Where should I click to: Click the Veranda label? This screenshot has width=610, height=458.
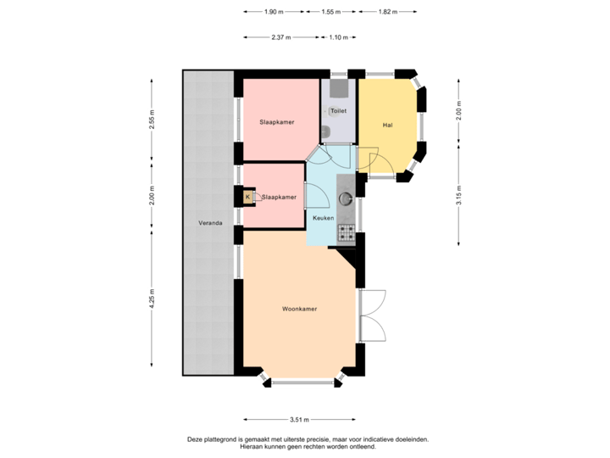211,223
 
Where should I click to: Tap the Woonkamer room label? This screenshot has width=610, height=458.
300,310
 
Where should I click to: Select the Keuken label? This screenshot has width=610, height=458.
323,218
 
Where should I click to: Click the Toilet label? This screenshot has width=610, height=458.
338,111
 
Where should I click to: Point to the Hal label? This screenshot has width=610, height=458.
387,125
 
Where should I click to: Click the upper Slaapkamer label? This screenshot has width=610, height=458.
277,123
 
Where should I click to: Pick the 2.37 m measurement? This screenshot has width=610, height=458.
280,38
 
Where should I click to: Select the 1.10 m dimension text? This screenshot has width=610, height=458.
337,38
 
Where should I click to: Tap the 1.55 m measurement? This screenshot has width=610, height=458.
331,13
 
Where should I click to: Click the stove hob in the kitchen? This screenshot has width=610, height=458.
346,230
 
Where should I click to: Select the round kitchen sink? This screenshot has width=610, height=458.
346,199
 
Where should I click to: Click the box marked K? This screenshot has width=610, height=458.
248,197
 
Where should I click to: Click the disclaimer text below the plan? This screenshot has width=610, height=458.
308,442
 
